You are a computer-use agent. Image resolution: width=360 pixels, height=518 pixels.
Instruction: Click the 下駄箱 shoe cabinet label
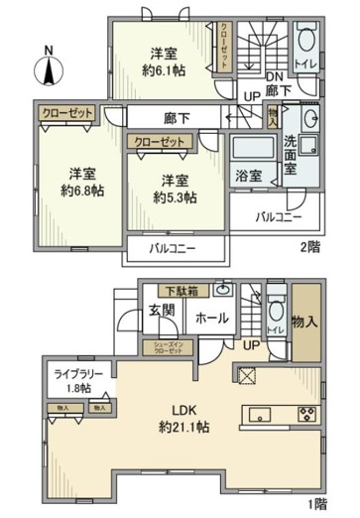pyautogui.click(x=180, y=289)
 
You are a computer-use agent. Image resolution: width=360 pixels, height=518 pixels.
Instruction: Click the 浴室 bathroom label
pyautogui.click(x=248, y=176)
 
